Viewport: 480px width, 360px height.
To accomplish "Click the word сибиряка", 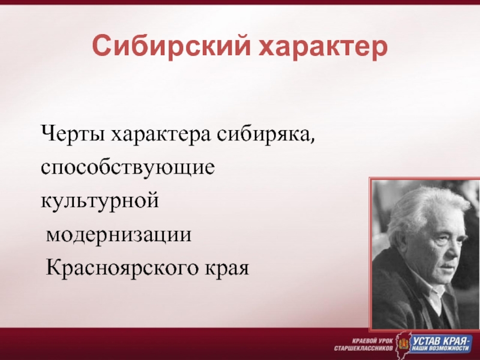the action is coord(263,134).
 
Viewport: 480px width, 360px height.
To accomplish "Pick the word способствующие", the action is coord(128,168).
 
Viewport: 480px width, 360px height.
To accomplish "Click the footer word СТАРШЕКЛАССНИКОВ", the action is coord(364,349).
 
